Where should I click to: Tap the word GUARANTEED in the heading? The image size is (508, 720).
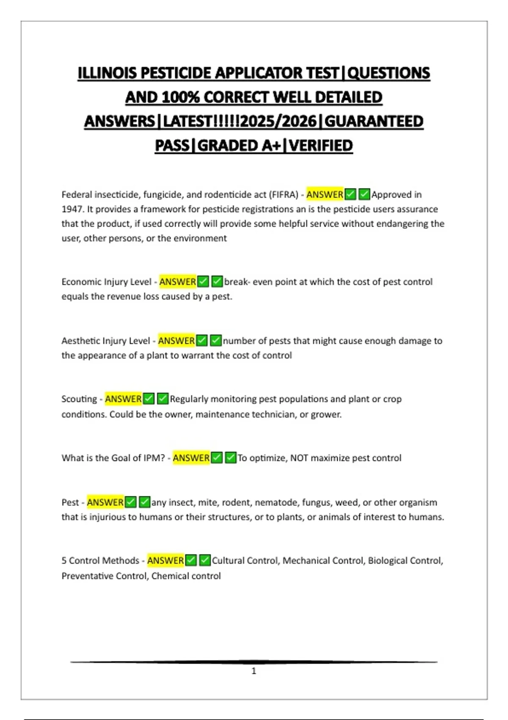point(374,122)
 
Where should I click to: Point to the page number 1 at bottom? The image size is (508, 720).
point(254,671)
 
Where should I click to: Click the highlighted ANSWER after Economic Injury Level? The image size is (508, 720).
point(178,282)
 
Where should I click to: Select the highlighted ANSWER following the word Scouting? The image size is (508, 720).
point(123,399)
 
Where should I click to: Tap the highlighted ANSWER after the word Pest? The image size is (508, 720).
point(105,502)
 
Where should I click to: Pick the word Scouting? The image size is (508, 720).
point(79,399)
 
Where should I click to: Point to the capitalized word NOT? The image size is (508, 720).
point(299,458)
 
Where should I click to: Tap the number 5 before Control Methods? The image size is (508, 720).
point(64,561)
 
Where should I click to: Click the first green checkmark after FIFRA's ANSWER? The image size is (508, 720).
point(350,195)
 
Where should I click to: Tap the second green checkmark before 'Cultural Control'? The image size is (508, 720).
point(205,561)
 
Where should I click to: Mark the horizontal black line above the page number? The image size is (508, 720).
point(254,662)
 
